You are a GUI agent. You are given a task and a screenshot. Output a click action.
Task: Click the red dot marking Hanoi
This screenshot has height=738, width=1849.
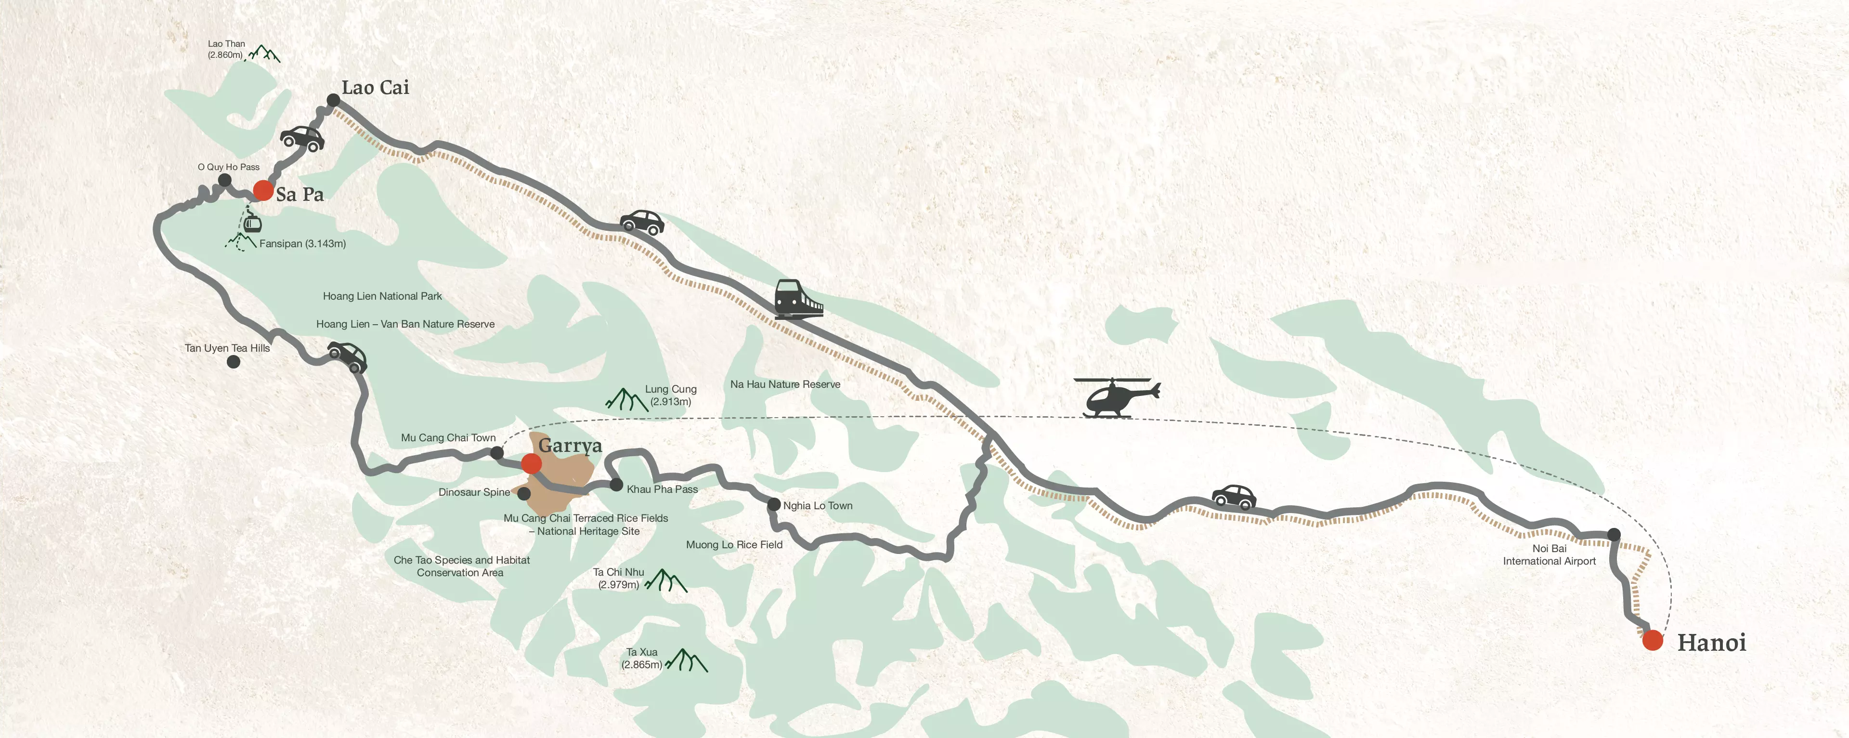[x=1653, y=640]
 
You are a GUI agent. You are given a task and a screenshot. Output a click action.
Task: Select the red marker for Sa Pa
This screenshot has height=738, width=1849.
[x=263, y=190]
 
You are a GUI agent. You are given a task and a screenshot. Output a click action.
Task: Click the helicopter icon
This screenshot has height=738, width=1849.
[x=1116, y=397]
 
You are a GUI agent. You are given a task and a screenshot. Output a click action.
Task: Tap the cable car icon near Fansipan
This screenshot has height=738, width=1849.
[x=251, y=223]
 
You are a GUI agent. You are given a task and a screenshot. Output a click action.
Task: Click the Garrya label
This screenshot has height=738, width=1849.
[x=570, y=445]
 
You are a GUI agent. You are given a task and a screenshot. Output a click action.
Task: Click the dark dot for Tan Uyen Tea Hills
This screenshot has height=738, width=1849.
[x=233, y=362]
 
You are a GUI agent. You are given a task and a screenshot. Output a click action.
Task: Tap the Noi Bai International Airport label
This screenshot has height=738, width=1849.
[x=1549, y=555]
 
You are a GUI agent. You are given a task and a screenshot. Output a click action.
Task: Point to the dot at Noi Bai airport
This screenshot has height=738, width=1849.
[x=1614, y=534]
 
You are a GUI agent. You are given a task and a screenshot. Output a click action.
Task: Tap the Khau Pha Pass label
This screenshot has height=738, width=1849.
[x=662, y=489]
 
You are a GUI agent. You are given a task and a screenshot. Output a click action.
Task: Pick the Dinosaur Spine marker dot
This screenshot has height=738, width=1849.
[x=524, y=494]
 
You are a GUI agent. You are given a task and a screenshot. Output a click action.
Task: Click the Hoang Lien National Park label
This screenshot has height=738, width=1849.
[x=382, y=296]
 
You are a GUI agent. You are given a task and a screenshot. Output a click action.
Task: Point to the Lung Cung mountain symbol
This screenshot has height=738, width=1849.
[x=626, y=399]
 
